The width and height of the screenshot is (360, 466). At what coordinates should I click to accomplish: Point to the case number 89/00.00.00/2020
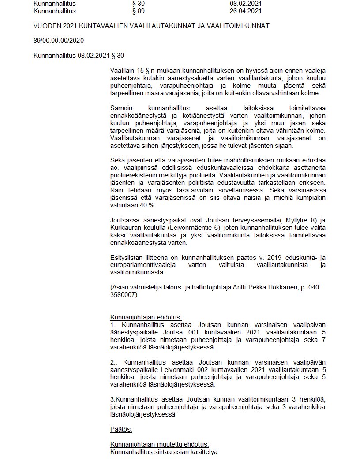tap(59, 41)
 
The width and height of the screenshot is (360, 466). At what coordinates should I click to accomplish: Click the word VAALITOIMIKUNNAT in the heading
tap(237, 26)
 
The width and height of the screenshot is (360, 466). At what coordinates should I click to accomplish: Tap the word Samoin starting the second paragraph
tap(121, 108)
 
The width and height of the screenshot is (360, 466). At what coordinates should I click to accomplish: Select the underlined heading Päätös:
tap(121, 429)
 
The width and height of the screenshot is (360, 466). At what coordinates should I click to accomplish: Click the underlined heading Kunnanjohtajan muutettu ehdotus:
tap(159, 444)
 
